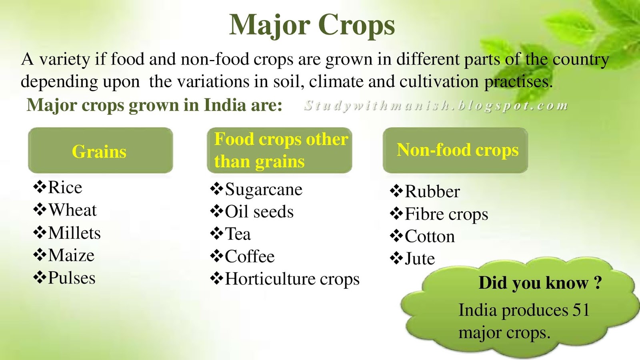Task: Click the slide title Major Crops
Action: tap(312, 25)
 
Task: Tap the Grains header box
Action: tap(100, 151)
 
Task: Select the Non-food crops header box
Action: tap(455, 150)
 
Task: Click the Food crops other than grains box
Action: tap(280, 150)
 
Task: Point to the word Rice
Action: tap(65, 188)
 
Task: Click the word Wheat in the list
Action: tap(72, 210)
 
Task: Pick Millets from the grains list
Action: tap(74, 233)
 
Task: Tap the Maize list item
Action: tap(71, 256)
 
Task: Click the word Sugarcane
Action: tap(264, 190)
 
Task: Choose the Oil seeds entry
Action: tap(259, 212)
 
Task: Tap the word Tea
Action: tap(238, 234)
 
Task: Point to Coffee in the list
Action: tap(250, 257)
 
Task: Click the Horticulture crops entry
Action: tap(292, 279)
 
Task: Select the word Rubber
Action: tap(432, 192)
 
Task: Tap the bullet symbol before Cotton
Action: tap(396, 236)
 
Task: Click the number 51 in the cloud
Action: tap(581, 310)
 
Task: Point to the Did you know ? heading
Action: tap(540, 283)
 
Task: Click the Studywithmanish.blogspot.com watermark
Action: tap(436, 106)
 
